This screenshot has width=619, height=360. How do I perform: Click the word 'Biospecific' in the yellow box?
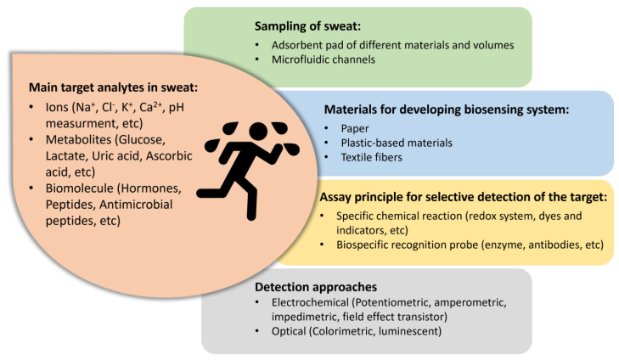point(370,245)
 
